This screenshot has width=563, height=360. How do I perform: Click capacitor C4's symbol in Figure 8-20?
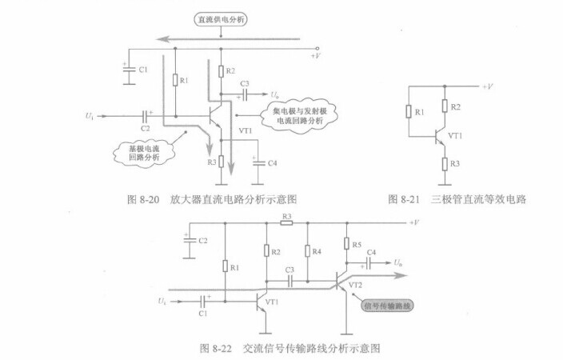pyautogui.click(x=257, y=163)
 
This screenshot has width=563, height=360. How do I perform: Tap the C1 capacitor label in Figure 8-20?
pyautogui.click(x=142, y=70)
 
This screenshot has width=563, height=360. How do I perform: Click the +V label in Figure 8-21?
pyautogui.click(x=488, y=86)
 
